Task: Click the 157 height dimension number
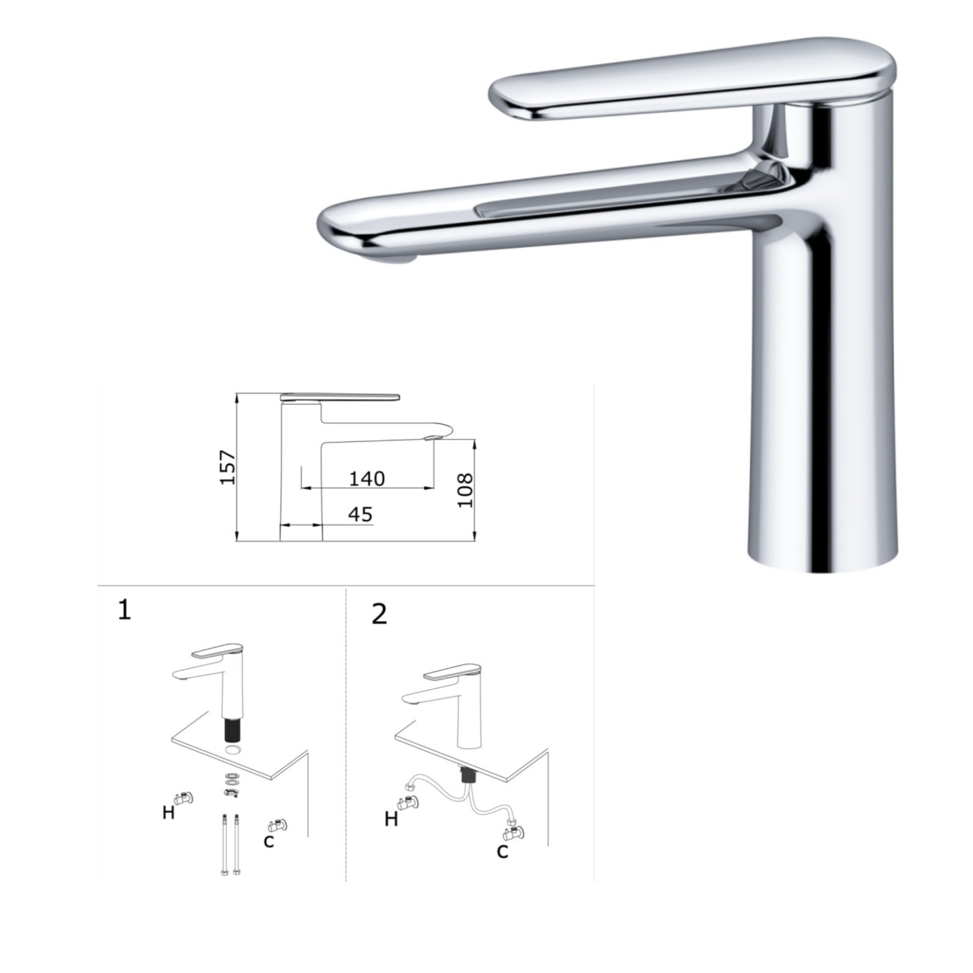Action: point(228,467)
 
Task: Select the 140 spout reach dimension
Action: point(367,478)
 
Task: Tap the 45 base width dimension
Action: point(360,514)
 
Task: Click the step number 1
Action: point(124,611)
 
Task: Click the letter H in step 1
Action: point(168,813)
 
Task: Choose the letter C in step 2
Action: point(502,850)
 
